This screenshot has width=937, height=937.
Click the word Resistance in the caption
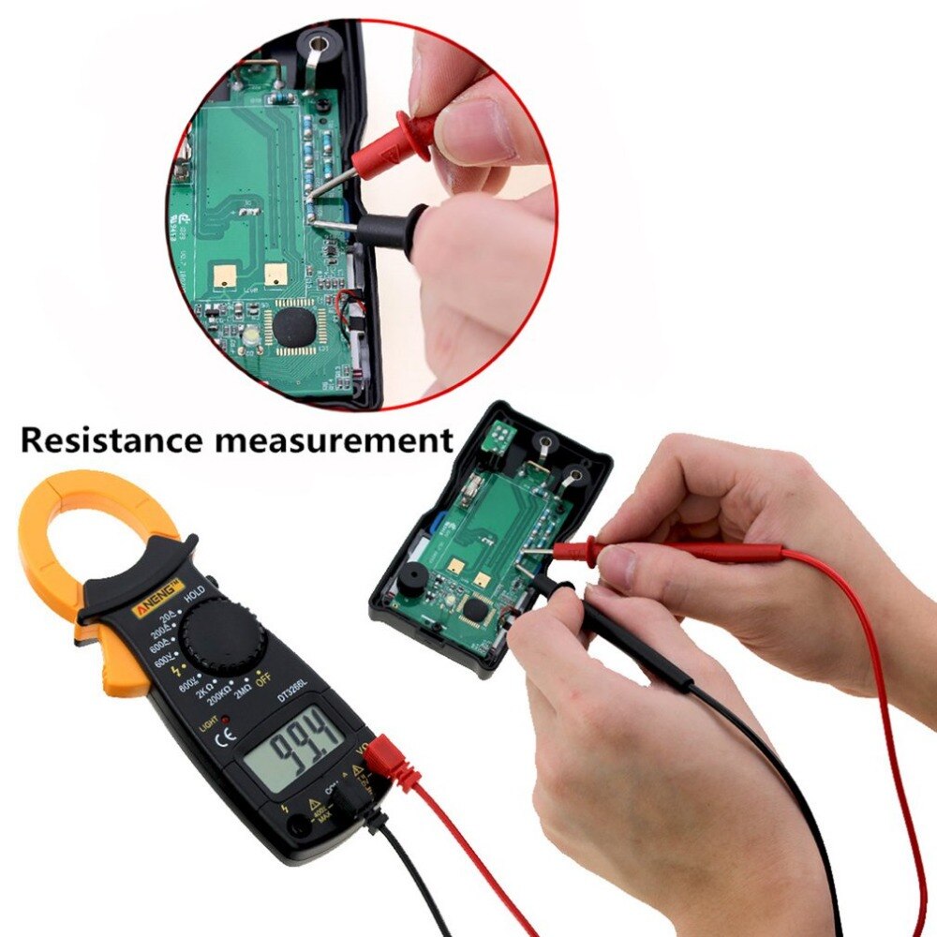pyautogui.click(x=113, y=439)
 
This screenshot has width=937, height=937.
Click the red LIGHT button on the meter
pyautogui.click(x=225, y=717)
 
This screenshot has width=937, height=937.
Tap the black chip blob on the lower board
pyautogui.click(x=478, y=611)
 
